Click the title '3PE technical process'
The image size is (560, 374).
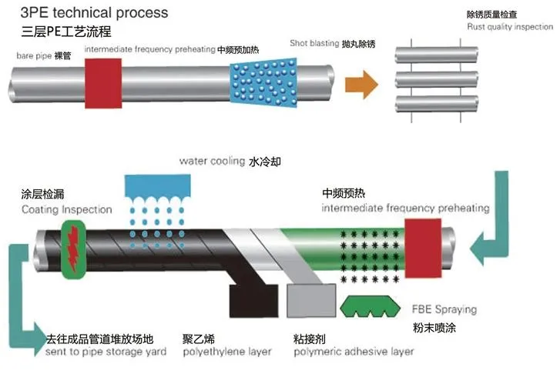tap(84, 13)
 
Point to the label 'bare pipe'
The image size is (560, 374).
tap(32, 56)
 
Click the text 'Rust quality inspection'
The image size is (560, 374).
tap(509, 26)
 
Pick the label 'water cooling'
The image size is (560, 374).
tap(211, 162)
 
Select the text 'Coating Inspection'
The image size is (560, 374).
tap(66, 209)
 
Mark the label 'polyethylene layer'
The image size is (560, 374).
tap(227, 352)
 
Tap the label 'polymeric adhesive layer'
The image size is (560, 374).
tap(354, 352)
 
